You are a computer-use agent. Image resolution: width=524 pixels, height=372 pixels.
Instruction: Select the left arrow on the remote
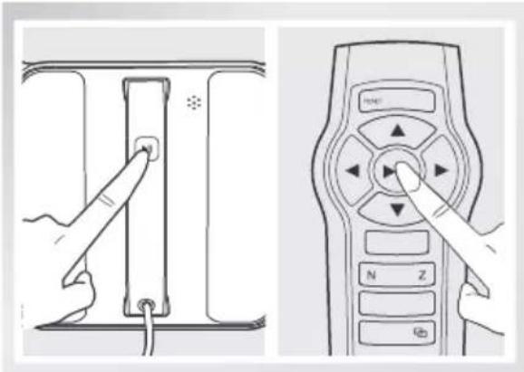pyautogui.click(x=354, y=171)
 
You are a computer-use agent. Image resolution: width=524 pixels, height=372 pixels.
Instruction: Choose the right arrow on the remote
pyautogui.click(x=441, y=169)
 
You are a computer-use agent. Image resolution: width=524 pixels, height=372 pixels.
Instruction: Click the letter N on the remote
pyautogui.click(x=371, y=274)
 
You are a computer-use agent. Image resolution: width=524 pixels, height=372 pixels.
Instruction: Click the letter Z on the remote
pyautogui.click(x=422, y=274)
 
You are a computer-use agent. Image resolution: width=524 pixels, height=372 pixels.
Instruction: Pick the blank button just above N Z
pyautogui.click(x=396, y=243)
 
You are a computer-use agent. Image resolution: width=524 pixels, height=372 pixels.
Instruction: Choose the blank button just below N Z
pyautogui.click(x=396, y=302)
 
